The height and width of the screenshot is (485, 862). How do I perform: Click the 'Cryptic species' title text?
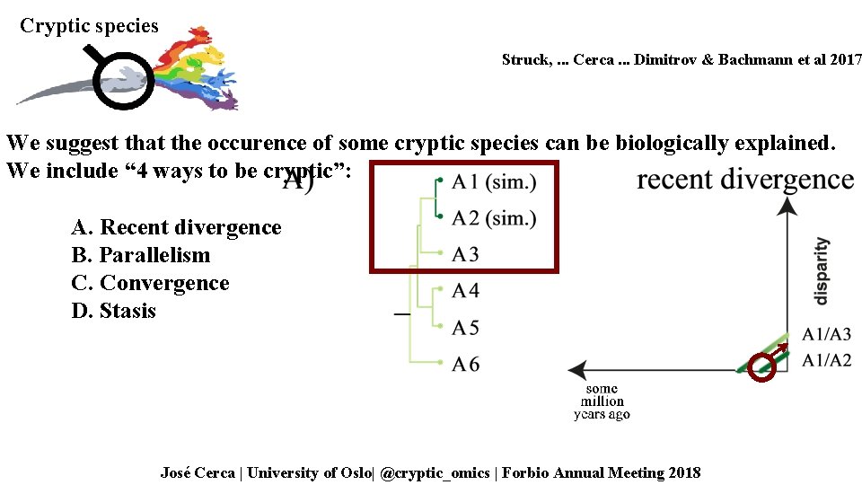(x=89, y=25)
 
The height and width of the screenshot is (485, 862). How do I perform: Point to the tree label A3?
(x=465, y=255)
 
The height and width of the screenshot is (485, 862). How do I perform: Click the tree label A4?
(x=465, y=291)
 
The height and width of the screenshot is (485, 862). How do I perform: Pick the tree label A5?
(x=465, y=328)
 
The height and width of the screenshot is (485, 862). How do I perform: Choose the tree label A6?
(x=465, y=364)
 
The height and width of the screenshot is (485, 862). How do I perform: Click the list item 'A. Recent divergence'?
(x=176, y=227)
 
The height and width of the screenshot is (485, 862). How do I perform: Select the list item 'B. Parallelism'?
(x=141, y=255)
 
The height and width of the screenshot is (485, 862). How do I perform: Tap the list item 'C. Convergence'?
(x=150, y=283)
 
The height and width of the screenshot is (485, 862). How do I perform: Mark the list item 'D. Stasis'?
(x=114, y=311)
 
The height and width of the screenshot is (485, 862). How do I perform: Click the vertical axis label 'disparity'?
(x=822, y=270)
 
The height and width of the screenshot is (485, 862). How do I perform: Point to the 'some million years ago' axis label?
(x=602, y=401)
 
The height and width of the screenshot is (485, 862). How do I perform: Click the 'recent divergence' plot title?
(x=745, y=180)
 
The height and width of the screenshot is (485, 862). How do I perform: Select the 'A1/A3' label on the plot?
(x=826, y=335)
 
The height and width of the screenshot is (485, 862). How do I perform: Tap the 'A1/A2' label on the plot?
(x=826, y=360)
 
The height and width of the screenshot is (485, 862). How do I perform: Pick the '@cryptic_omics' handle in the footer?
(x=435, y=472)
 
